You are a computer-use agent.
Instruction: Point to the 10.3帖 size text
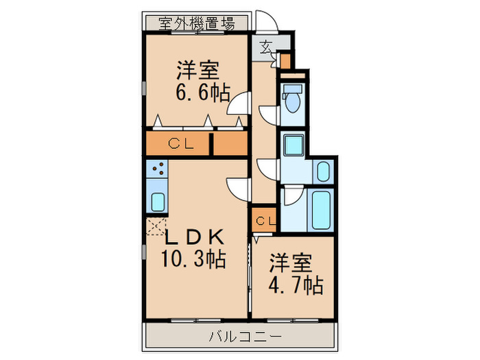(x=194, y=260)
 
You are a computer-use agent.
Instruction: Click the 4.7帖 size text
(x=296, y=283)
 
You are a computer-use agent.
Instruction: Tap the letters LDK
(x=194, y=237)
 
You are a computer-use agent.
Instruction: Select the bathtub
(x=322, y=208)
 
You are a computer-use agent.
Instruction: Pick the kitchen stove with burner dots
(x=157, y=169)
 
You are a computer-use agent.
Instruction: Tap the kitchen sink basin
(x=157, y=202)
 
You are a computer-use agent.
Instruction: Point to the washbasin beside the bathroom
(x=322, y=171)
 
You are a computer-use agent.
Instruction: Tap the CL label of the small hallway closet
(x=265, y=221)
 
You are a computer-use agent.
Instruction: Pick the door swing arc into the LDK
(x=238, y=187)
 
